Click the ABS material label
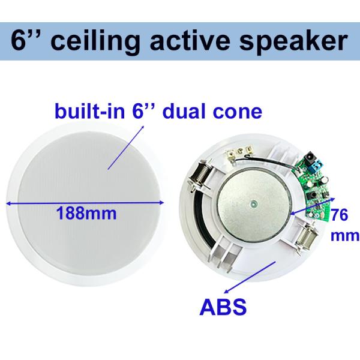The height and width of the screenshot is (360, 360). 223,308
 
